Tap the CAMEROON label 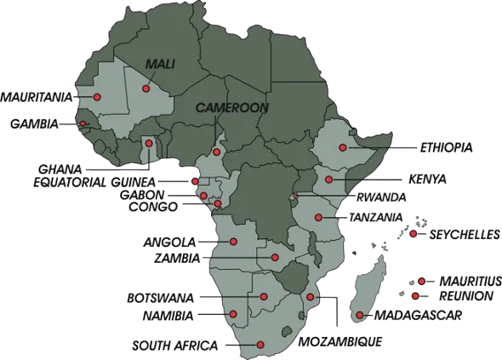click(232, 108)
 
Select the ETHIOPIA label click(446, 148)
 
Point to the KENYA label click(428, 180)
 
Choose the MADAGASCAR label click(419, 315)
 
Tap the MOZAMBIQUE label click(340, 341)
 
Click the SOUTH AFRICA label click(174, 346)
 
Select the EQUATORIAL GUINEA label click(94, 182)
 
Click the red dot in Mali click(146, 88)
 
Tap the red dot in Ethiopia click(342, 148)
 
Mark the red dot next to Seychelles click(413, 234)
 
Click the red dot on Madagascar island click(360, 316)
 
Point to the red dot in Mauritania click(97, 97)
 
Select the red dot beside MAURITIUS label click(421, 281)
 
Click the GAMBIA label click(34, 124)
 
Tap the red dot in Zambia click(275, 257)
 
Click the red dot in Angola click(234, 242)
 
